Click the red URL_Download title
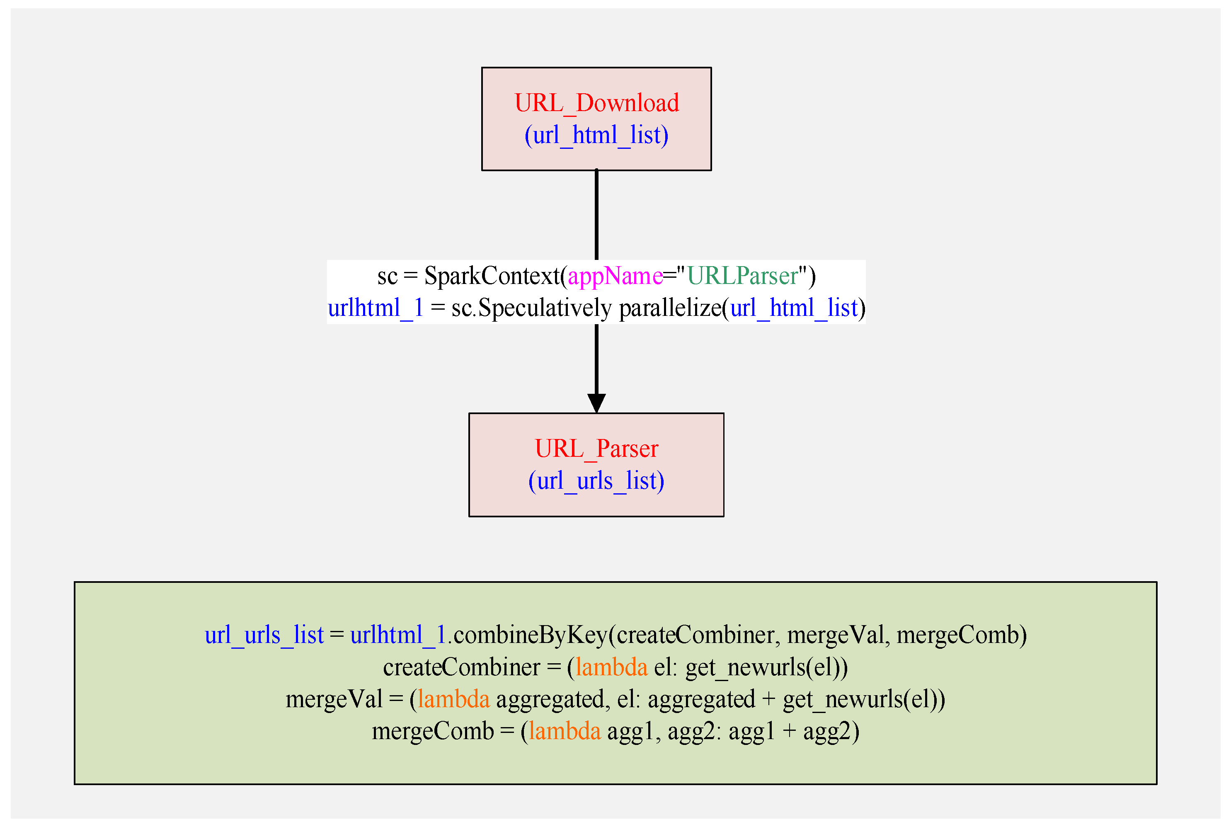596,103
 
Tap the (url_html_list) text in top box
596,135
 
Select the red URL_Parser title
596,449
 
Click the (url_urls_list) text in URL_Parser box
596,481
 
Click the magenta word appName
615,276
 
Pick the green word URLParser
742,276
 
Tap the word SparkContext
491,276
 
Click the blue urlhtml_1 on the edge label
376,308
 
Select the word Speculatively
545,308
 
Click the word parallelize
669,308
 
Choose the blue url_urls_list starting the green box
264,635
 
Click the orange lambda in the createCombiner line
611,667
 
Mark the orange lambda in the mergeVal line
453,699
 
